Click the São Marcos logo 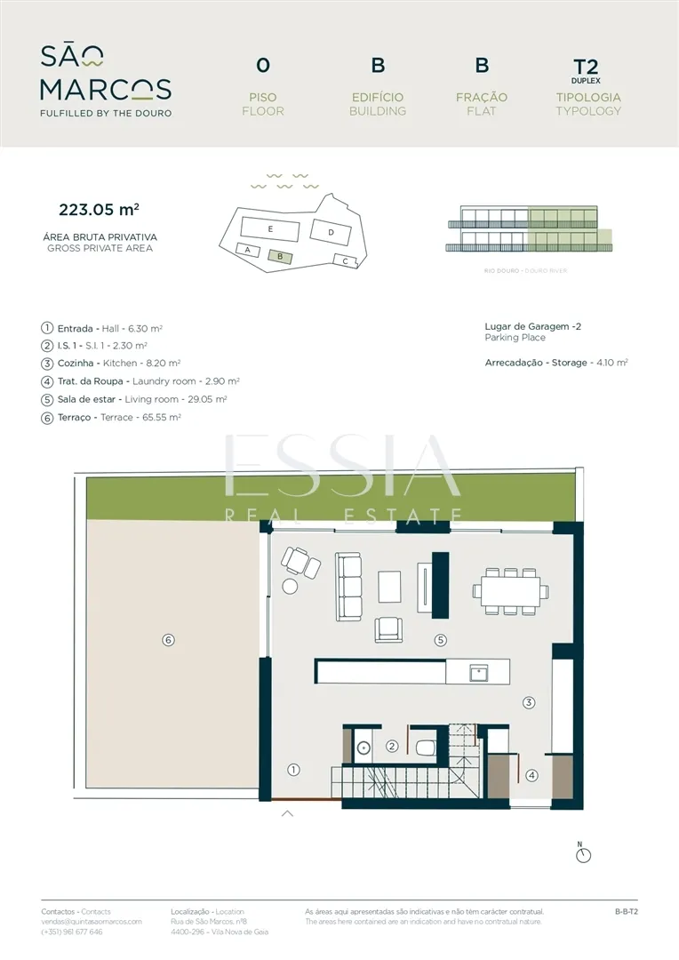pyautogui.click(x=106, y=81)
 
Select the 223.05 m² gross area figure pyautogui.click(x=100, y=210)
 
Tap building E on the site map pyautogui.click(x=270, y=229)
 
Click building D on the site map pyautogui.click(x=331, y=232)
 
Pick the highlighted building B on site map pyautogui.click(x=280, y=257)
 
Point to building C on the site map pyautogui.click(x=346, y=260)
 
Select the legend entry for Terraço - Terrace pyautogui.click(x=111, y=418)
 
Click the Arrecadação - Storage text pyautogui.click(x=556, y=363)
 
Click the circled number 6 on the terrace pyautogui.click(x=168, y=640)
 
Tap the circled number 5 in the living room pyautogui.click(x=440, y=640)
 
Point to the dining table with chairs pyautogui.click(x=511, y=591)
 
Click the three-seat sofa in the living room pyautogui.click(x=347, y=588)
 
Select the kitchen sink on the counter pyautogui.click(x=478, y=674)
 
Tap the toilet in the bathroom pyautogui.click(x=426, y=747)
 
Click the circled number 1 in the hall pyautogui.click(x=294, y=770)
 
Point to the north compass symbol pyautogui.click(x=584, y=852)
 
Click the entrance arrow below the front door pyautogui.click(x=287, y=813)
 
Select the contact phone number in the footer pyautogui.click(x=72, y=932)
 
